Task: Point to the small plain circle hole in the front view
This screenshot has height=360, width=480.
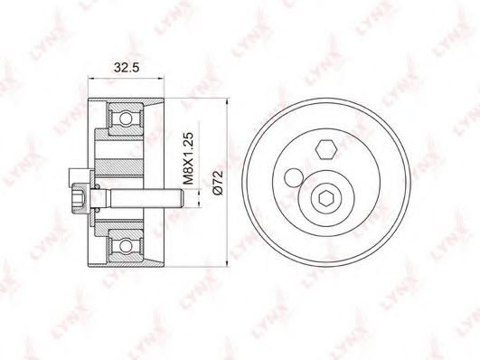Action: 293,176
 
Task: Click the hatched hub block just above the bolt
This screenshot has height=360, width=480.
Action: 121,167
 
